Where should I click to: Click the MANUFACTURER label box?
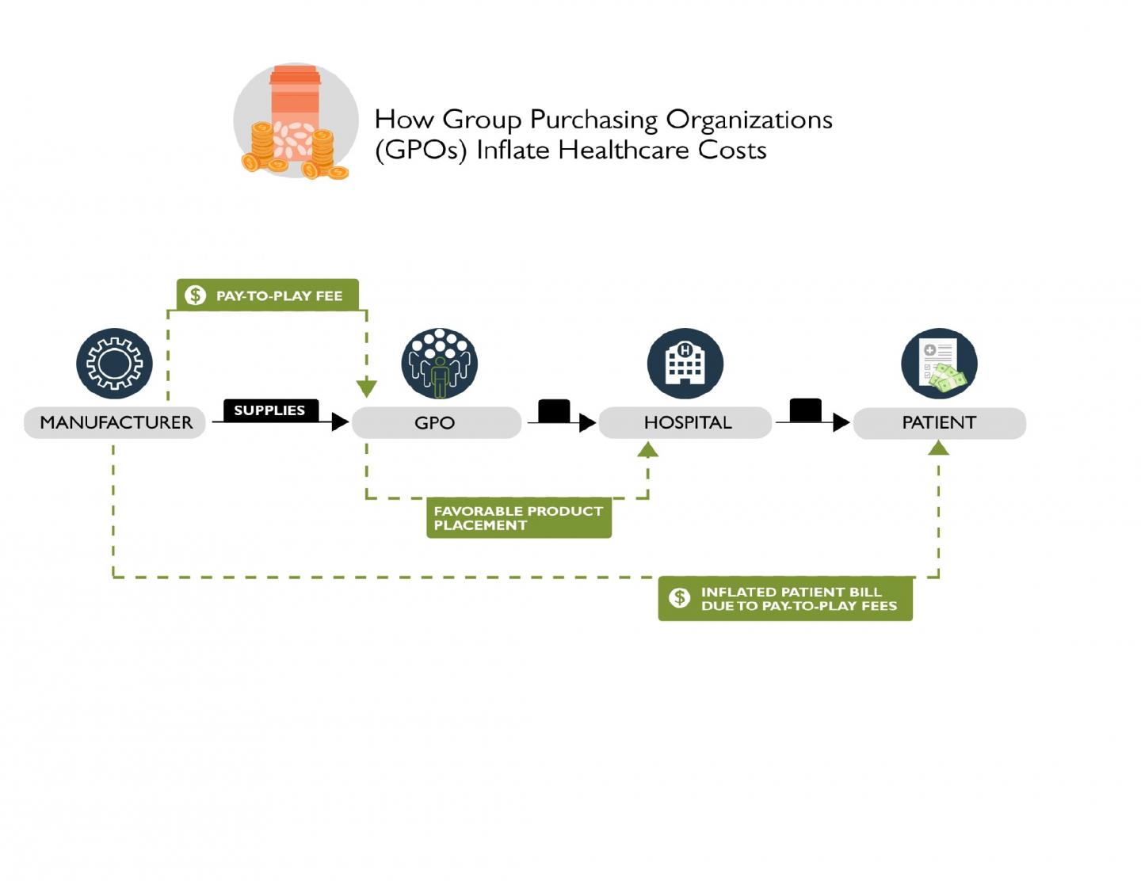[x=115, y=422]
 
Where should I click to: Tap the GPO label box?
[x=436, y=422]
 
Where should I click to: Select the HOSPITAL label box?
[x=685, y=422]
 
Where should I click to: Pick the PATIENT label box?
[x=939, y=422]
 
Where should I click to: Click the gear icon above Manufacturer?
[x=115, y=364]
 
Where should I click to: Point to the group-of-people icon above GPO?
[x=439, y=364]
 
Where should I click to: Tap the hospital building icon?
[x=685, y=364]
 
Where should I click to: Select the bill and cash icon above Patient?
[x=939, y=364]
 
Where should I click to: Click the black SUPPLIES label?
[x=269, y=410]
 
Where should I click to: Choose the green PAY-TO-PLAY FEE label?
[x=268, y=295]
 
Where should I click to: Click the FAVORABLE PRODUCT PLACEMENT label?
[x=519, y=518]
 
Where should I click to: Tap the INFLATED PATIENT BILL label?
[x=785, y=599]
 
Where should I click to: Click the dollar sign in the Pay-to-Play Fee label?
[x=195, y=296]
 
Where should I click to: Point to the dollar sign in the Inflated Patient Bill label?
[x=679, y=598]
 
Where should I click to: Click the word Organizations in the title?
[x=749, y=120]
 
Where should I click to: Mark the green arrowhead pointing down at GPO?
[x=366, y=388]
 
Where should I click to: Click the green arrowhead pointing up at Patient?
[x=938, y=448]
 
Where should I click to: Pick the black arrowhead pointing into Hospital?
[x=587, y=422]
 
